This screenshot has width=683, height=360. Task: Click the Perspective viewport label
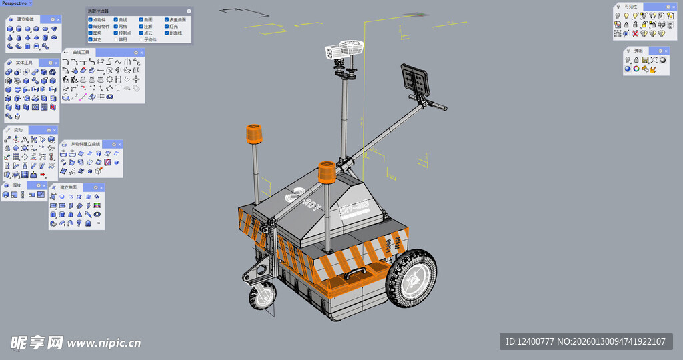(14, 3)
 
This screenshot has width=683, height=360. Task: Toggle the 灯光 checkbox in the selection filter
(166, 27)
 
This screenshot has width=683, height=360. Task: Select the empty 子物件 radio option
(140, 39)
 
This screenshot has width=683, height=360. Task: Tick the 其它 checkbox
(91, 39)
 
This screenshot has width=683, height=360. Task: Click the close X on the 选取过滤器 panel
(189, 11)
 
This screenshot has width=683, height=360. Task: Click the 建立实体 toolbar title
(25, 19)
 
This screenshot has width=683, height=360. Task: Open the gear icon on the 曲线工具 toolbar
(136, 52)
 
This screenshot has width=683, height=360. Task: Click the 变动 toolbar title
(18, 130)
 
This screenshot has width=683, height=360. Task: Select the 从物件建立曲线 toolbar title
(85, 144)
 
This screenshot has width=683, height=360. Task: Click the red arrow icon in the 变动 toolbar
(43, 175)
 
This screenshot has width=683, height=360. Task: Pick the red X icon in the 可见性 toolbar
(635, 33)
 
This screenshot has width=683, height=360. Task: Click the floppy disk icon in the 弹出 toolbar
(645, 60)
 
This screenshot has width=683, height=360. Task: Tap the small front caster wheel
(262, 297)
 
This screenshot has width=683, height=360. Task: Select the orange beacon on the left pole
(254, 134)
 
